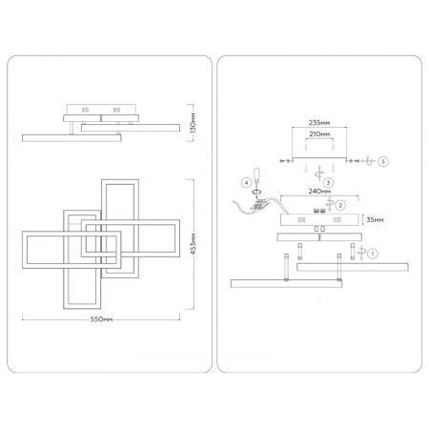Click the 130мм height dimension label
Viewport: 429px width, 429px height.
[x=194, y=123]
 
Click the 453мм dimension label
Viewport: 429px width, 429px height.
[x=194, y=243]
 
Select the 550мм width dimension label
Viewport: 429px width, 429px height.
[x=101, y=319]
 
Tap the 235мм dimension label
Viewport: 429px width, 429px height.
[x=319, y=123]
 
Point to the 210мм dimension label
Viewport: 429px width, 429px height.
[x=319, y=134]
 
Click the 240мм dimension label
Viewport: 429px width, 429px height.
[x=319, y=192]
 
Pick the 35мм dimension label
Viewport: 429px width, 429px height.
[x=375, y=219]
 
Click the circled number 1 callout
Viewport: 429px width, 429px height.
[x=373, y=254]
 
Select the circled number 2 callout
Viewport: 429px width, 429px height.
[x=340, y=205]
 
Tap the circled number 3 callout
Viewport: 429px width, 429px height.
[x=328, y=182]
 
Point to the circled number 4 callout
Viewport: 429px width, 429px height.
[x=246, y=183]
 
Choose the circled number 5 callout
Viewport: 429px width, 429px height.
[x=383, y=161]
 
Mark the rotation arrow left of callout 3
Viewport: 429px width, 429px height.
[x=319, y=174]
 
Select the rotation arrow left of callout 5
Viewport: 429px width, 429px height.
[x=368, y=161]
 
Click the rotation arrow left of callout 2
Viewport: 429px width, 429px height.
[x=330, y=203]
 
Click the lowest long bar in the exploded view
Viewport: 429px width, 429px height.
[x=286, y=283]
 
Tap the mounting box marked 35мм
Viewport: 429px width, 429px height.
[x=319, y=219]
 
